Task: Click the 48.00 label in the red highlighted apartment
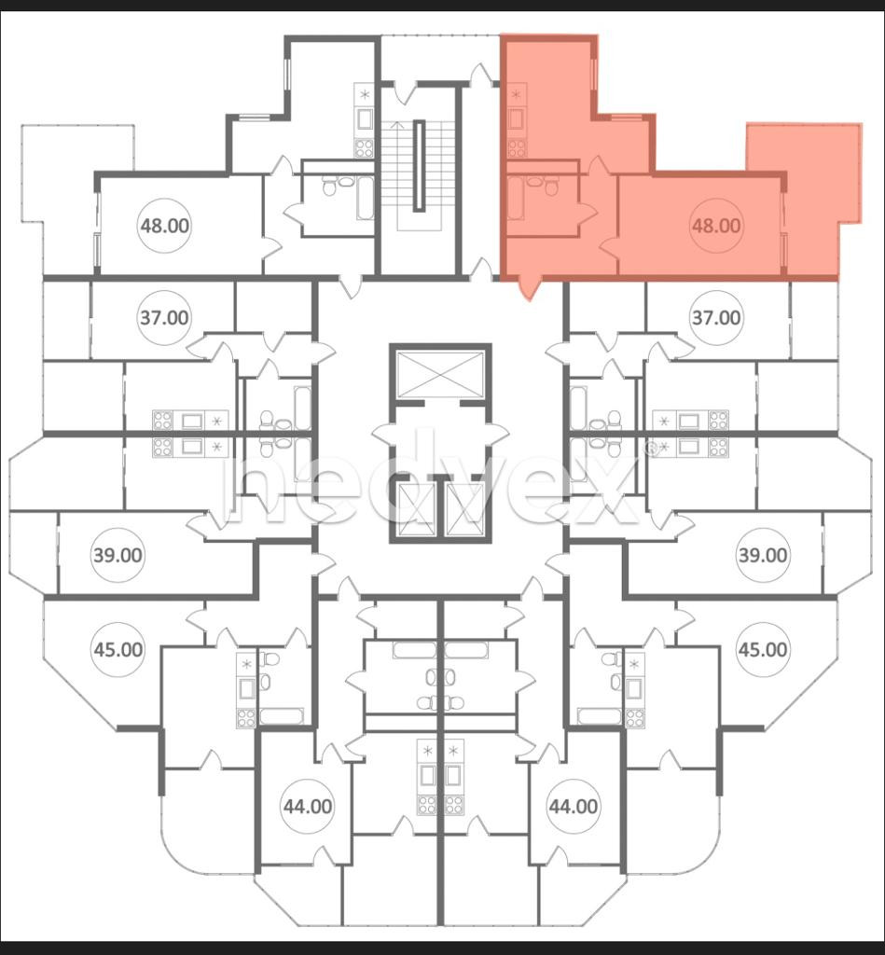tap(716, 226)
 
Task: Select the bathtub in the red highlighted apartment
tap(516, 199)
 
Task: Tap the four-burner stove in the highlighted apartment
tap(517, 148)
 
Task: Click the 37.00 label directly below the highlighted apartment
tap(716, 318)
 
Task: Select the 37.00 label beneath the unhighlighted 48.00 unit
tap(164, 318)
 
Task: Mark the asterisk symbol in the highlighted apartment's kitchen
tap(517, 92)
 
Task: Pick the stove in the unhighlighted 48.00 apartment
tap(365, 148)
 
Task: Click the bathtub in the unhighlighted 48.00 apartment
tap(365, 199)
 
